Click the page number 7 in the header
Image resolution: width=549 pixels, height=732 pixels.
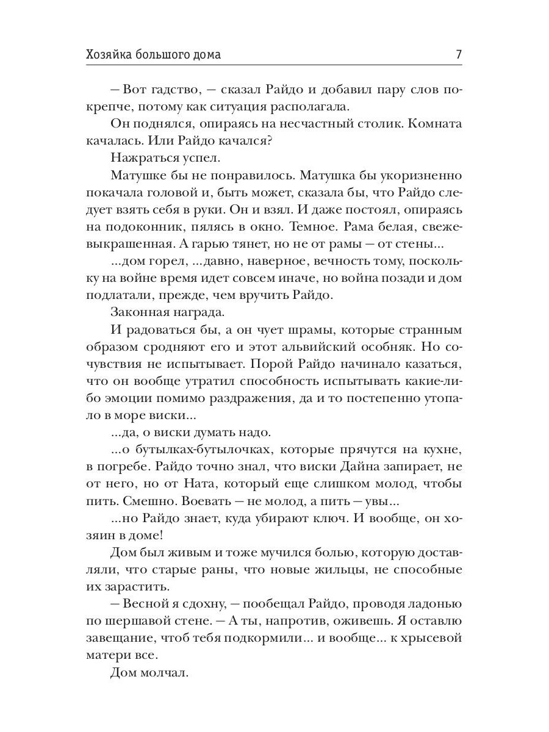click(458, 54)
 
